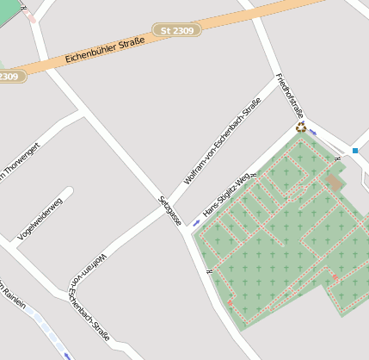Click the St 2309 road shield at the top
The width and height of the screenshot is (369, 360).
(177, 30)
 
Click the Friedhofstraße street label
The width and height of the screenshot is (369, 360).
(290, 96)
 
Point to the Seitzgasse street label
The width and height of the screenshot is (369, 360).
(169, 211)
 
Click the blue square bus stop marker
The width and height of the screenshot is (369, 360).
(354, 150)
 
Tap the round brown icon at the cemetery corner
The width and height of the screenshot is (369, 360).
(300, 127)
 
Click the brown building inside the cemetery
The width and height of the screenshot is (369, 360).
(333, 183)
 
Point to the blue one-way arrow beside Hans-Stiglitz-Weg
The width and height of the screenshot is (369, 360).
(196, 222)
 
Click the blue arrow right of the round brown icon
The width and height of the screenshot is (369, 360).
(313, 133)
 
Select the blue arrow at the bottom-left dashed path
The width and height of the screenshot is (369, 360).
(66, 354)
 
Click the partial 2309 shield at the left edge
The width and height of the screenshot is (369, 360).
(9, 77)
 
